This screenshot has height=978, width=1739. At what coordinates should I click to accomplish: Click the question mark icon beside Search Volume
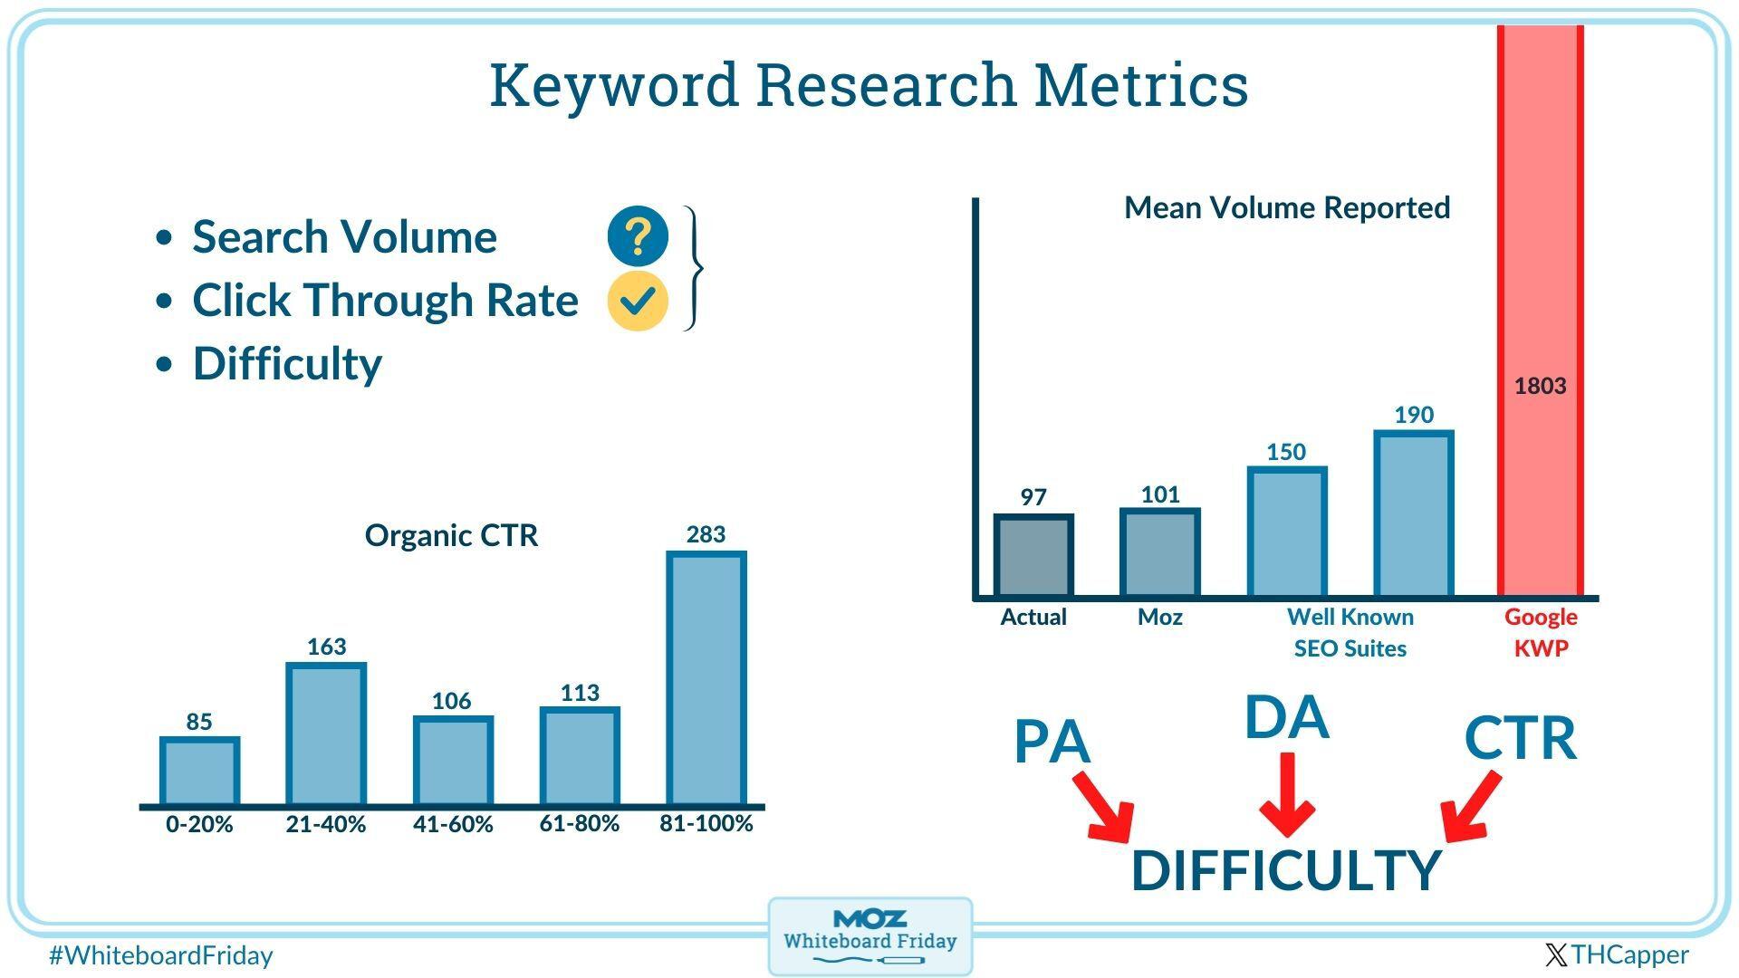click(x=638, y=236)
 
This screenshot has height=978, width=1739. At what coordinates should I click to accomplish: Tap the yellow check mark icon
click(x=638, y=300)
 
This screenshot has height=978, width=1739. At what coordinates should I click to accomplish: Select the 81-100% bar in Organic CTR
click(x=706, y=678)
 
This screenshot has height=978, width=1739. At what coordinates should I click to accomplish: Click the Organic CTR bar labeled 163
click(x=326, y=733)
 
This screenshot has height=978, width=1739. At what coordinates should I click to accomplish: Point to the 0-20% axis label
click(x=199, y=824)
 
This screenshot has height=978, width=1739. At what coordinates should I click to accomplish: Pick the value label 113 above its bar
click(x=580, y=693)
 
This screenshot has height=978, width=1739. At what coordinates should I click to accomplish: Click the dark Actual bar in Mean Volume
click(x=1033, y=556)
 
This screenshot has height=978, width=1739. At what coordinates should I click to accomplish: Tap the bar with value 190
click(x=1414, y=513)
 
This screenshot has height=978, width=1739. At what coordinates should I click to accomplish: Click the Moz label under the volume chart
click(x=1160, y=618)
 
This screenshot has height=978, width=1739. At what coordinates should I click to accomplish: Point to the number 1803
click(x=1540, y=386)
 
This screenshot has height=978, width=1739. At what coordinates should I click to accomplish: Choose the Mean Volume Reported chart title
click(x=1287, y=207)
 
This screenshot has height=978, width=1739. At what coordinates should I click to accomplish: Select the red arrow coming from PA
click(x=1103, y=805)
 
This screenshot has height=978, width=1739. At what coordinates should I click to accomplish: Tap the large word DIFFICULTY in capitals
click(x=1286, y=869)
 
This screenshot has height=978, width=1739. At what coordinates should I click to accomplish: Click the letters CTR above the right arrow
click(x=1521, y=737)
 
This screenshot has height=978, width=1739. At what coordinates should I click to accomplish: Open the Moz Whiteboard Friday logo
click(x=869, y=936)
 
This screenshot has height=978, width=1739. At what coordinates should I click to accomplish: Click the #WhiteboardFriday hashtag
click(x=160, y=955)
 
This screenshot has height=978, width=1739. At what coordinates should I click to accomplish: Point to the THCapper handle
click(x=1618, y=954)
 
